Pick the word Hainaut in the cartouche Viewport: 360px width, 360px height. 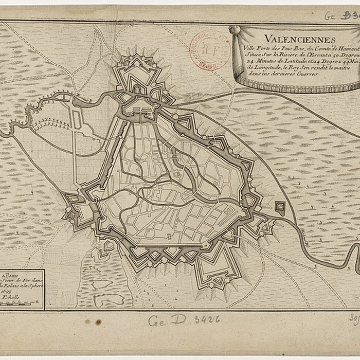(346, 47)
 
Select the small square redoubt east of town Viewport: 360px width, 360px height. (280, 207)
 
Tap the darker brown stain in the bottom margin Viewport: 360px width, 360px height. (98, 322)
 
